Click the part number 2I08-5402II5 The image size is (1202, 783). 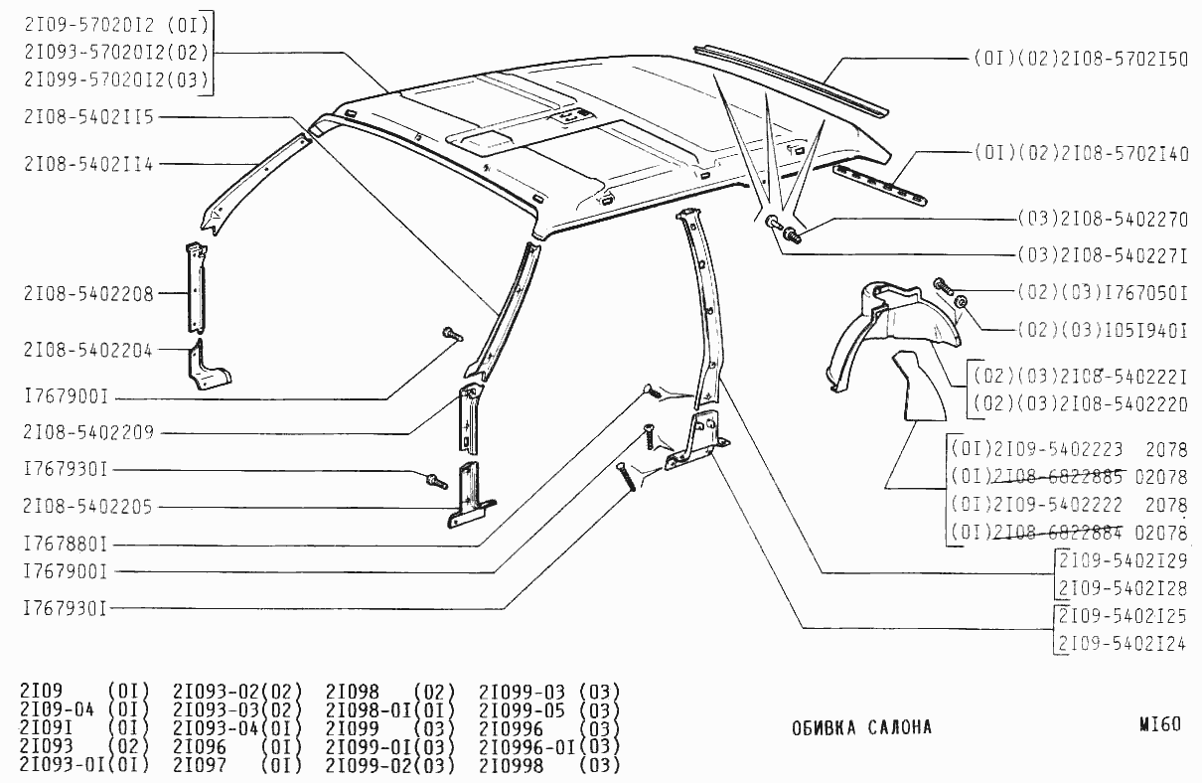[88, 117]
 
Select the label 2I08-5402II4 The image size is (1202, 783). [88, 164]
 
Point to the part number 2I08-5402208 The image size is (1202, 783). [88, 293]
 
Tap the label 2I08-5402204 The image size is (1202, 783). [88, 350]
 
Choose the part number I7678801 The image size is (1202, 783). [65, 545]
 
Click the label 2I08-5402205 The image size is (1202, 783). [88, 507]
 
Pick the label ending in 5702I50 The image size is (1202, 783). [1081, 59]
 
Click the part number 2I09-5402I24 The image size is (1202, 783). [1122, 644]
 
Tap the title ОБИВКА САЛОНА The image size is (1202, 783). [861, 727]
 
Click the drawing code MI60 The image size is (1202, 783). [1160, 724]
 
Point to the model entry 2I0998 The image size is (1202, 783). [512, 766]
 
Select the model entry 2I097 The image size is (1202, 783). [200, 766]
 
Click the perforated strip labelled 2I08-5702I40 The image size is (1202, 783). [879, 185]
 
